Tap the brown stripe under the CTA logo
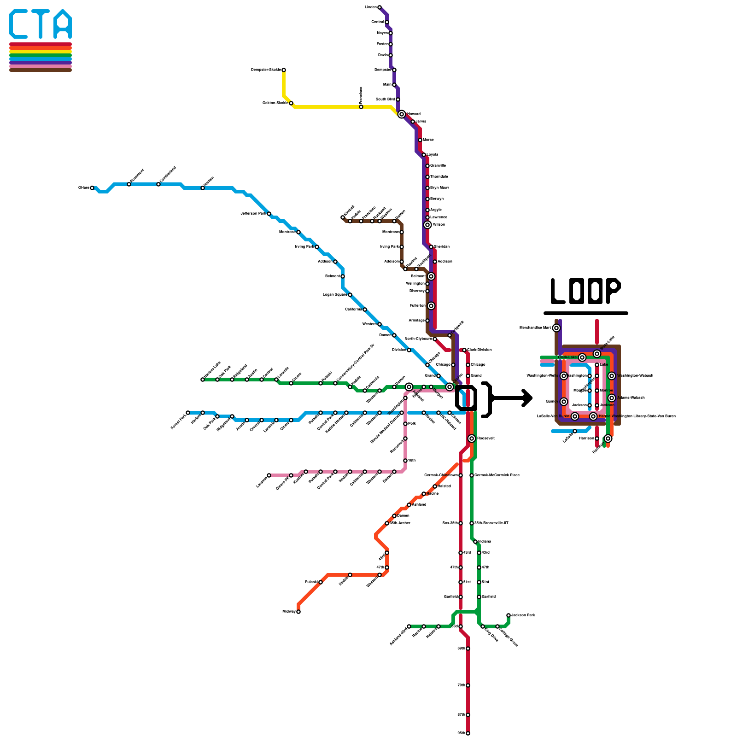(41, 70)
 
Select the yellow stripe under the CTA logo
(41, 52)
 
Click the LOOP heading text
(585, 291)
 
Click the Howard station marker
(402, 114)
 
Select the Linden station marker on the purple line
(380, 7)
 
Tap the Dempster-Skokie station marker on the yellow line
(284, 70)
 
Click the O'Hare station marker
(92, 188)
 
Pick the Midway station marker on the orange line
(298, 612)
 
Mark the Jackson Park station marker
(509, 615)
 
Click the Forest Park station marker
(188, 413)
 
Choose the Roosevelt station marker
(472, 439)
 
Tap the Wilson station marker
(427, 225)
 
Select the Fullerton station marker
(431, 306)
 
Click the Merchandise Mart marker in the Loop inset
(556, 328)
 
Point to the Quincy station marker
(564, 402)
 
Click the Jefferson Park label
(253, 214)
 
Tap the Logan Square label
(334, 295)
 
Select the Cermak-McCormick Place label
(497, 475)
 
